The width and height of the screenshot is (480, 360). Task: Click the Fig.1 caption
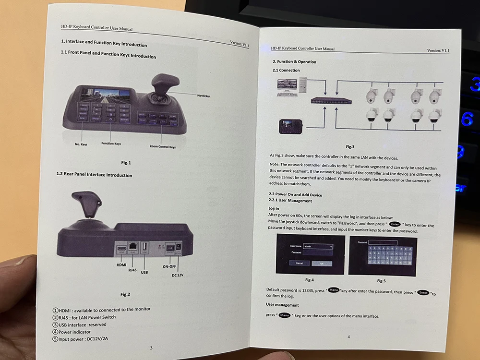coord(126,163)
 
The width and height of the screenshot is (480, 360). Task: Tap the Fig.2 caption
coord(125,294)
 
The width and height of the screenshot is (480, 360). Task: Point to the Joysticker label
coord(204,96)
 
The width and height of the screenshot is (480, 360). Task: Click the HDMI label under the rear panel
coord(122,264)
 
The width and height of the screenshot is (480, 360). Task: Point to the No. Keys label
coord(81,144)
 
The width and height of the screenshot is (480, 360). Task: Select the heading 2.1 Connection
coord(286,71)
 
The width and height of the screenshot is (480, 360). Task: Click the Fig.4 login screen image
coord(311,255)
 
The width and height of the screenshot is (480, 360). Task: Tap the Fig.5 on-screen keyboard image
coord(382,256)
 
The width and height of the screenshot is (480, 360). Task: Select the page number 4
coord(348,336)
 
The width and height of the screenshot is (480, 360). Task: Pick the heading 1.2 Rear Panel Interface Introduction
coord(94,175)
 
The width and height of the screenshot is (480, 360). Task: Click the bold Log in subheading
coord(274,209)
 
